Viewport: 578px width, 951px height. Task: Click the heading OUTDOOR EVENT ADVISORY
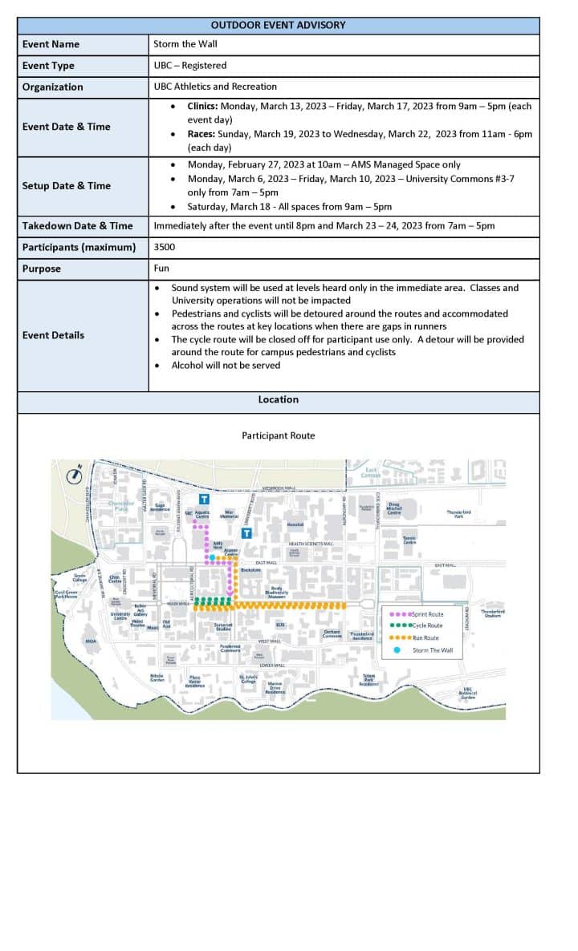tap(278, 25)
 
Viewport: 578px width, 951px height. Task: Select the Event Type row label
tap(48, 66)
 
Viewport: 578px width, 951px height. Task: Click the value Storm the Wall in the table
tap(185, 44)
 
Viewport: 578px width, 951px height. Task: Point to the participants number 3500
tap(164, 247)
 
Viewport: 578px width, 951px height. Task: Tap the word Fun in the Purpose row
tap(161, 269)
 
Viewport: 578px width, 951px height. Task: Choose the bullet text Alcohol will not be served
tap(226, 365)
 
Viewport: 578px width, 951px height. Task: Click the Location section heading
tap(278, 399)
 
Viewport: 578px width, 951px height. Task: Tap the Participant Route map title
tap(278, 435)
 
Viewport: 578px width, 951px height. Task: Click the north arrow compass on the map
tap(74, 474)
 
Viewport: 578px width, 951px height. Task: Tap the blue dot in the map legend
tap(397, 650)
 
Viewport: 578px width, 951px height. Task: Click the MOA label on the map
tap(91, 641)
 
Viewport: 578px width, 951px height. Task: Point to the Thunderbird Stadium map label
tap(492, 613)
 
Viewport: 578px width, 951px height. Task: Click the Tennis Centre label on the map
tap(409, 540)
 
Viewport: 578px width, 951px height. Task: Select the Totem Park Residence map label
tap(369, 680)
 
